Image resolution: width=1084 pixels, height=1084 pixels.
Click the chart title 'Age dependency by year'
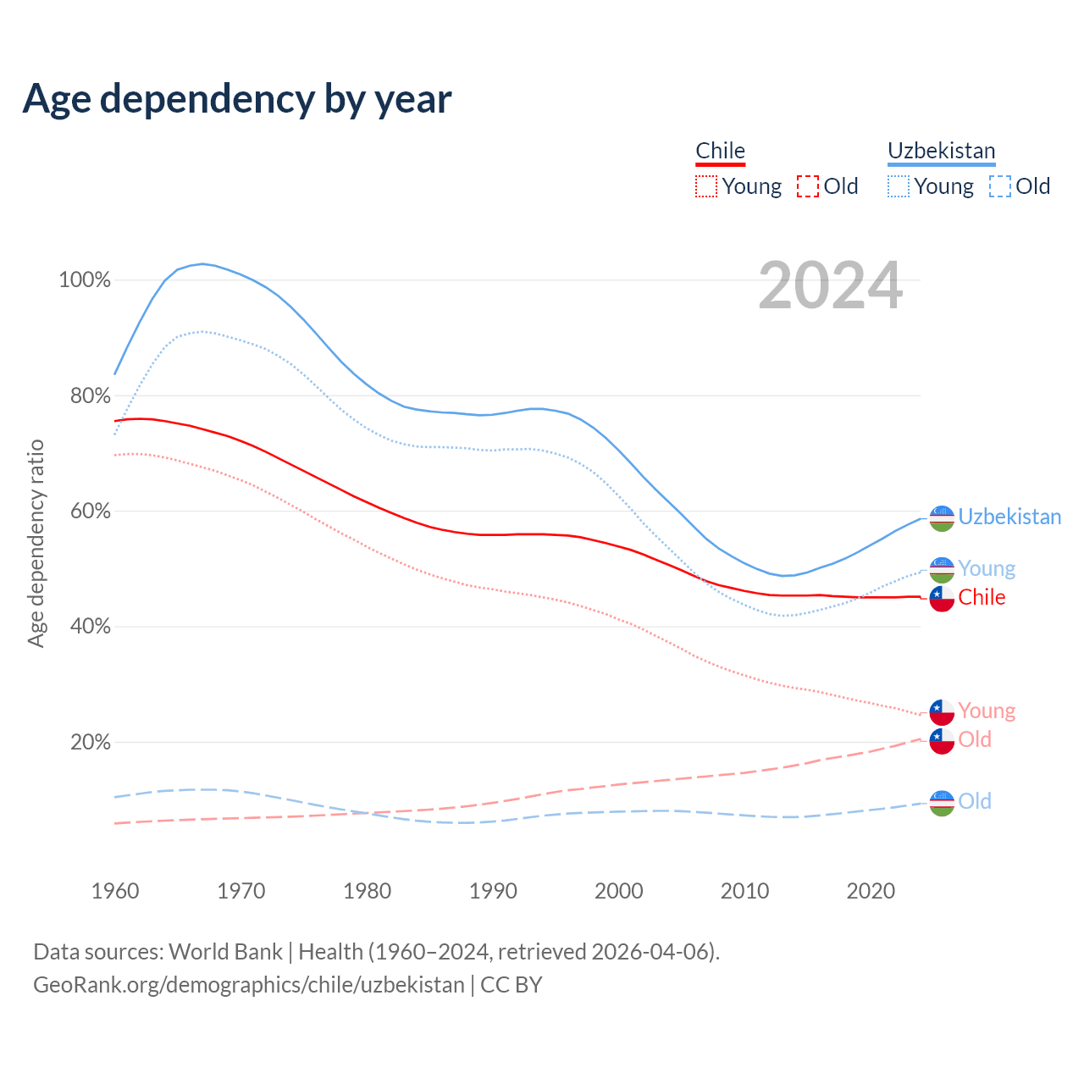[x=237, y=99]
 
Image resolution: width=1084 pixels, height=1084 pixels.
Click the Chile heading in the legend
[x=720, y=151]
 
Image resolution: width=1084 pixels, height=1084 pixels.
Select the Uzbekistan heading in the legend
[x=941, y=151]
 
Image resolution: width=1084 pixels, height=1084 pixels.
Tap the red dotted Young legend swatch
[x=706, y=186]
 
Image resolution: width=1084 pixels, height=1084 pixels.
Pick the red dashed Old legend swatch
[x=808, y=186]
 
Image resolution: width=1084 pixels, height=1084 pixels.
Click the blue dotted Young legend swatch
[x=899, y=186]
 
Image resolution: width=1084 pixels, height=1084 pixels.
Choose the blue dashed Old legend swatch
[x=1000, y=186]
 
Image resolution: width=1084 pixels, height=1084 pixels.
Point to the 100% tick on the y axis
[x=85, y=280]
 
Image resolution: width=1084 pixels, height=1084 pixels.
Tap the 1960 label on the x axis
[x=115, y=891]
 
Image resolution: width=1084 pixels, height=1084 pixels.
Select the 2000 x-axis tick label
[x=619, y=891]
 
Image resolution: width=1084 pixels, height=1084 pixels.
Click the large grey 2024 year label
[x=830, y=285]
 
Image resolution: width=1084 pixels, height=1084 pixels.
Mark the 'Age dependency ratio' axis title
[x=36, y=543]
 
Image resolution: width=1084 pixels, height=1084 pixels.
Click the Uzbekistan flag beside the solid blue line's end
[x=942, y=518]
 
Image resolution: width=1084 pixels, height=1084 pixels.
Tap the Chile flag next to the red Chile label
[x=942, y=598]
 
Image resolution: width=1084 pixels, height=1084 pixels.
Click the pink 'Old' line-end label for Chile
[x=975, y=740]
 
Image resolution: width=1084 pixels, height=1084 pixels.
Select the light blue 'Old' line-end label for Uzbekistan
[x=975, y=801]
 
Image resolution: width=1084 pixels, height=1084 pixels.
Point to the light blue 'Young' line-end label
[x=987, y=569]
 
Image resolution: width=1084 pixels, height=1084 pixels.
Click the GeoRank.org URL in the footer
[x=249, y=985]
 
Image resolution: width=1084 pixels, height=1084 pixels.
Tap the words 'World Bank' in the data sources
[x=225, y=952]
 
